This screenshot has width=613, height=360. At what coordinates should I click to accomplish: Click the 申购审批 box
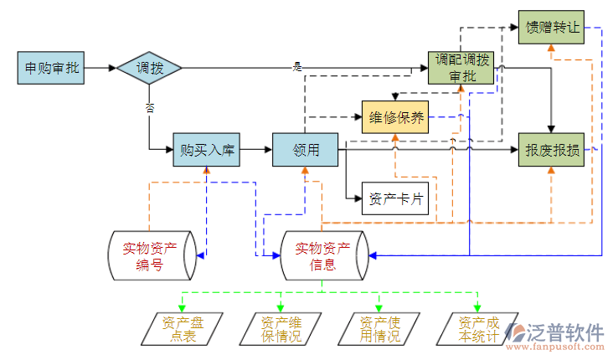52,68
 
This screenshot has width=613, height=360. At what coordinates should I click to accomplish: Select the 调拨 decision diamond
149,68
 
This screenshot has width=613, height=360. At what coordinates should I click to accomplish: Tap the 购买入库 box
207,150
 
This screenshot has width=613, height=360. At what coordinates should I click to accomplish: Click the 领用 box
306,150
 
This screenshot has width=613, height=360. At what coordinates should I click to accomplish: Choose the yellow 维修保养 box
394,117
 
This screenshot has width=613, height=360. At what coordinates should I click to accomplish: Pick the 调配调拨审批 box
461,68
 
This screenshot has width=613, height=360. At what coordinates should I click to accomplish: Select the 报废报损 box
550,150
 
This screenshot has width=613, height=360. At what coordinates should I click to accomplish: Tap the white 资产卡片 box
394,199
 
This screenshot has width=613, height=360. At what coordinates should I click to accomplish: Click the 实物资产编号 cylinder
152,255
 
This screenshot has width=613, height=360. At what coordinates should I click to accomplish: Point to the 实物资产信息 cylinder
323,255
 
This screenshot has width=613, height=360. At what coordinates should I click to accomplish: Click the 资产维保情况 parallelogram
281,329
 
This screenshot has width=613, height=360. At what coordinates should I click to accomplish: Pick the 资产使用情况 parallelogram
379,329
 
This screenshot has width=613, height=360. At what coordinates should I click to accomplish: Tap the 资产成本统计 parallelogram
477,329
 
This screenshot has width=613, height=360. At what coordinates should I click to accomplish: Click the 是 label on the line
296,66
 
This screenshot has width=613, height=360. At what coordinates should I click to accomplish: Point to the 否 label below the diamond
150,107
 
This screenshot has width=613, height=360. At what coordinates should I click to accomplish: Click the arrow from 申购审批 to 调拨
101,68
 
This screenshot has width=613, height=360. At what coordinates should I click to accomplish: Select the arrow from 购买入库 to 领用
256,150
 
